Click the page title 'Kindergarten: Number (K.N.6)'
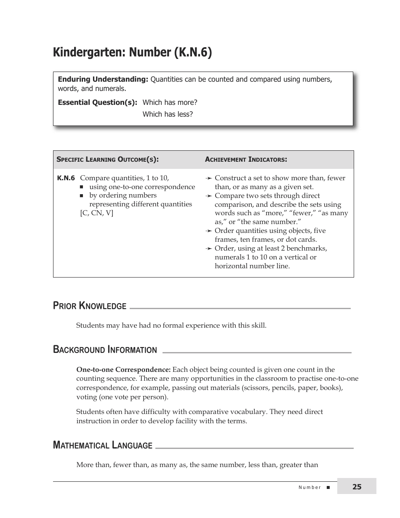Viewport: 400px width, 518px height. click(132, 52)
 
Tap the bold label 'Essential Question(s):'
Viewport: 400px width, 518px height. click(97, 102)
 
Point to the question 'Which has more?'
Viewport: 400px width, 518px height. click(170, 102)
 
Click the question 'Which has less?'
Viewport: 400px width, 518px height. click(168, 114)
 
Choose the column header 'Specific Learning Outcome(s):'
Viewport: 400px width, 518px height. click(107, 160)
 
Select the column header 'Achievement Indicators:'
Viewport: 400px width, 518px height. click(246, 160)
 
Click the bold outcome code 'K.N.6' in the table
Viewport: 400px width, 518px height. click(66, 178)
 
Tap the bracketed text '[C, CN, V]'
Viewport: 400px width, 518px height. click(96, 213)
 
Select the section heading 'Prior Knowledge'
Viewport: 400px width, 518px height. click(90, 306)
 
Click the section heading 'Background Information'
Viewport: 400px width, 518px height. click(105, 350)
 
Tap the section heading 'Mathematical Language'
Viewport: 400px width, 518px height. click(102, 445)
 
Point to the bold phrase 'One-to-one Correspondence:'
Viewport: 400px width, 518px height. click(123, 370)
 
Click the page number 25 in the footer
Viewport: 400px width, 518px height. click(357, 487)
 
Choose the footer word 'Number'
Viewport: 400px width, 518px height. click(309, 487)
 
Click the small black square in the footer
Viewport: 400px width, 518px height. click(328, 487)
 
